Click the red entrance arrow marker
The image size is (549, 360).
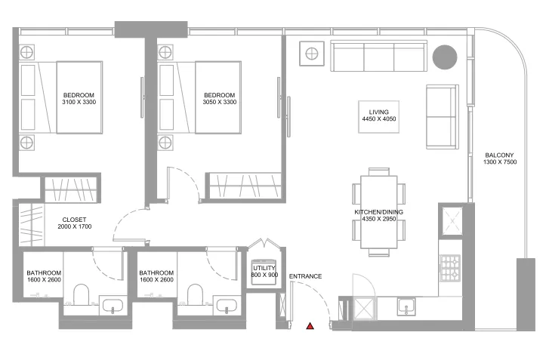(x=310, y=326)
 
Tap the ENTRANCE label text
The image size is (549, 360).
(x=306, y=276)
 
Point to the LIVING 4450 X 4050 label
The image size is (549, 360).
(x=378, y=116)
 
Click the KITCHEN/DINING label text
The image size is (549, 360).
(x=378, y=212)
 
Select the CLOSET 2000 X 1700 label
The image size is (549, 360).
(x=76, y=222)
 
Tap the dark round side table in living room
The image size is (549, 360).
(x=444, y=57)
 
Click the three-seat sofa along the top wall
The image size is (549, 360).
(x=379, y=56)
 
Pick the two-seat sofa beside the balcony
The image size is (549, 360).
(x=442, y=116)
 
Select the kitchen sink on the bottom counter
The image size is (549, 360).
(x=407, y=306)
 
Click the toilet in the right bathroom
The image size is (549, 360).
(x=195, y=295)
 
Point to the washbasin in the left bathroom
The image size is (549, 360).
(x=113, y=305)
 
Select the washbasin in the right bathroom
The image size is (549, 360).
(x=226, y=305)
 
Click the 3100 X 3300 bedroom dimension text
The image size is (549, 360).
(x=79, y=102)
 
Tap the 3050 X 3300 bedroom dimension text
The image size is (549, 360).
(x=219, y=102)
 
